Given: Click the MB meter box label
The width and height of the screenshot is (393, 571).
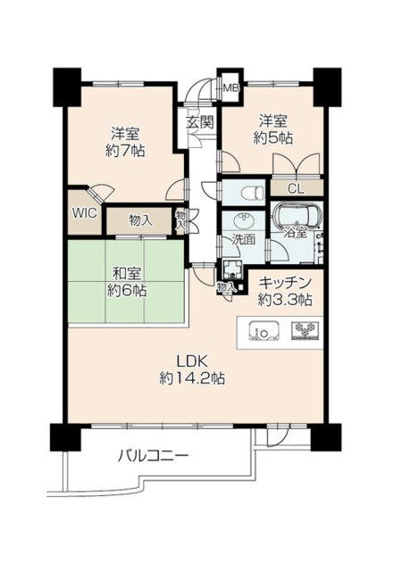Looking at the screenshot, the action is (x=230, y=87).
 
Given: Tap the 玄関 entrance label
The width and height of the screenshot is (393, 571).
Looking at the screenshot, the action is (x=199, y=122).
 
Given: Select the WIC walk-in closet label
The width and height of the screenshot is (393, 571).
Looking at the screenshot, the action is (x=84, y=212).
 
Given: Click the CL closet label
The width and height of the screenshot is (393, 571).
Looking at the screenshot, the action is (x=296, y=188).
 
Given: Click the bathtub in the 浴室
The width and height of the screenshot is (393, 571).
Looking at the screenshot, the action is (x=297, y=216).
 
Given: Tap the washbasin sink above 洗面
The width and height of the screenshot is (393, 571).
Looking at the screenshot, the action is (x=243, y=220).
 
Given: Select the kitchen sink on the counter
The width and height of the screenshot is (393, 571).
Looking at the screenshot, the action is (x=264, y=331).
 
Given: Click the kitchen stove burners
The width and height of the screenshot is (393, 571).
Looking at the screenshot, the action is (x=305, y=331).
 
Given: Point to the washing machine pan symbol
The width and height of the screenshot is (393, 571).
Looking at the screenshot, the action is (x=231, y=269).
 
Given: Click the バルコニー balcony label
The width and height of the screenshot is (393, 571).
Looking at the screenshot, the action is (x=153, y=456).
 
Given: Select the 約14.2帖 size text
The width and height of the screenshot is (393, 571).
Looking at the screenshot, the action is (x=192, y=378).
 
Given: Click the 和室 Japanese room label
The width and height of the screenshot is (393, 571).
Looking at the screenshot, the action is (x=127, y=274).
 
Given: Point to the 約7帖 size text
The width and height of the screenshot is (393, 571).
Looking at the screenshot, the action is (x=125, y=151).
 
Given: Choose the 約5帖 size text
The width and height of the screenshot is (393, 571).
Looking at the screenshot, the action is (x=273, y=137).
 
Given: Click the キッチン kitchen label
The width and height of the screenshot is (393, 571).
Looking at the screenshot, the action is (x=285, y=283).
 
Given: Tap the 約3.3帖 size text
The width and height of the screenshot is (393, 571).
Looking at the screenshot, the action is (x=285, y=300).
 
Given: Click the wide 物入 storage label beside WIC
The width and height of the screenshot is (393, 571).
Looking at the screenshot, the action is (x=141, y=220).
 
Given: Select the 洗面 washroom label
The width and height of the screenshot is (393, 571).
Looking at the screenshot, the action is (x=244, y=240).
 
